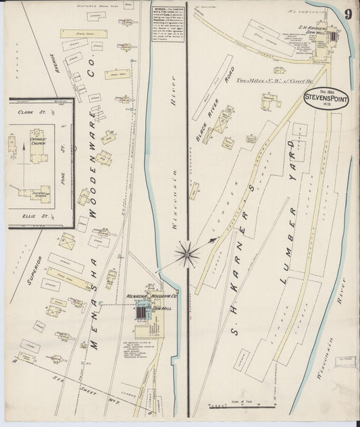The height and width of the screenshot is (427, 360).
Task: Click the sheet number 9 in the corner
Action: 346,14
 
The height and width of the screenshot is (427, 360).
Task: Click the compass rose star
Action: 188,255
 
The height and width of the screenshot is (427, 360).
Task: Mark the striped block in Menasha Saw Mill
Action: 141,311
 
